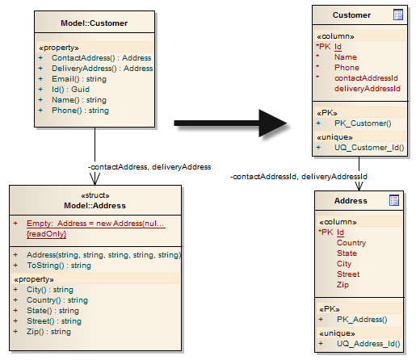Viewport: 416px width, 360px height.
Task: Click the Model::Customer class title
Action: (94, 23)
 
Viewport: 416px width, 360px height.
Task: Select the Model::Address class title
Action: (95, 206)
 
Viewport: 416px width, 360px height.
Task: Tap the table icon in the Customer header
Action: (398, 15)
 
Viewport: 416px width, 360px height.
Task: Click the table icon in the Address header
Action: (394, 200)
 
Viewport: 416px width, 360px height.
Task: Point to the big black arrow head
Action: (272, 123)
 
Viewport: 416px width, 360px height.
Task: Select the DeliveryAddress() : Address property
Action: (103, 69)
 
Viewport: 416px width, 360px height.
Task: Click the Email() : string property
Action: (79, 79)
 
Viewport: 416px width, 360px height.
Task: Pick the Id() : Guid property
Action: (70, 90)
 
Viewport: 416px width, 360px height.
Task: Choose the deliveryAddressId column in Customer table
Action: (368, 89)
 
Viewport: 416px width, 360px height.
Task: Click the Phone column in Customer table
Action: (347, 68)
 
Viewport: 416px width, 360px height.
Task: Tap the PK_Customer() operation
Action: (363, 123)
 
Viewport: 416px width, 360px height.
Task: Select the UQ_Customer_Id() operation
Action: (369, 148)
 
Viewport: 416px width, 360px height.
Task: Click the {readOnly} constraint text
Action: (46, 234)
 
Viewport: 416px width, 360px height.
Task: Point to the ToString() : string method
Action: (59, 266)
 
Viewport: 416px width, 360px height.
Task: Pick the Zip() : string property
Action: (48, 332)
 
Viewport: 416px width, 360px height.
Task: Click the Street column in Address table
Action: (348, 274)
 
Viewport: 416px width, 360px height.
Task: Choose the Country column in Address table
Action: (351, 243)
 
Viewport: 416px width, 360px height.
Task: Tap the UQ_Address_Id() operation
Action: (368, 344)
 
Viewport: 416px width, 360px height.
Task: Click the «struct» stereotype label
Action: (95, 195)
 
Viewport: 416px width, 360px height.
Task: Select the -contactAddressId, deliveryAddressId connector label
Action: (299, 177)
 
